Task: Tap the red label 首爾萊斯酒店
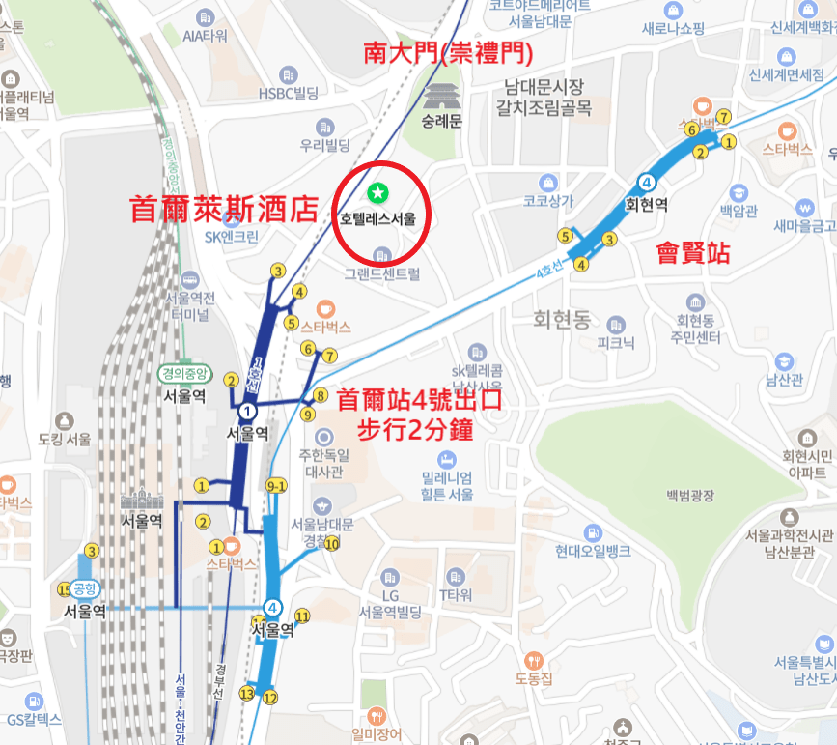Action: point(224,209)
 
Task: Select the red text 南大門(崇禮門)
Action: point(448,52)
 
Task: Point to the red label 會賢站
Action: point(693,254)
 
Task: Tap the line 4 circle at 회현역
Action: point(646,182)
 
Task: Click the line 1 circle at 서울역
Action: point(248,411)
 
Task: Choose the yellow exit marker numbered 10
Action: point(332,543)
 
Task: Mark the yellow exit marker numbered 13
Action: point(247,694)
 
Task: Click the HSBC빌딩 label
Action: point(287,93)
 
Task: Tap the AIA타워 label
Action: point(205,36)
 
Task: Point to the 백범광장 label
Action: point(689,496)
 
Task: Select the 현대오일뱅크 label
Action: point(593,552)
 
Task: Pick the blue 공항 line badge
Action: point(85,588)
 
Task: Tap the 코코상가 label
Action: point(548,202)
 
